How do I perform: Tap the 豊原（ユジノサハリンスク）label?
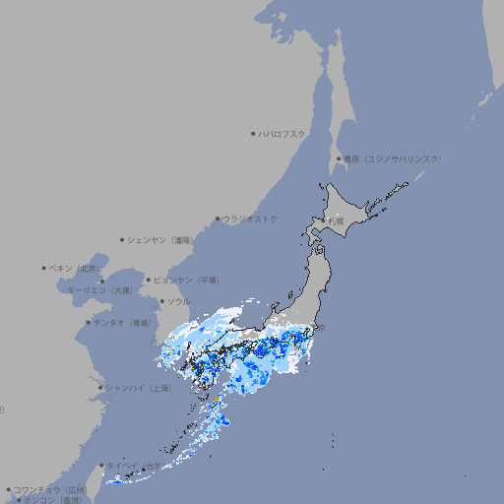click(x=393, y=158)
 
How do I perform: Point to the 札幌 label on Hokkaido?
click(x=337, y=221)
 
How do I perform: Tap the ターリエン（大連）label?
click(x=98, y=290)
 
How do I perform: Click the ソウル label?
click(x=178, y=301)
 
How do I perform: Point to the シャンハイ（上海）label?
click(x=138, y=388)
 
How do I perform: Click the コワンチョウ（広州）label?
click(x=50, y=489)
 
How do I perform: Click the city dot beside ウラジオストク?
click(x=218, y=219)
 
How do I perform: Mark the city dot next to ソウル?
click(x=160, y=301)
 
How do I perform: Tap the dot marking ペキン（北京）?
click(x=44, y=268)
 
